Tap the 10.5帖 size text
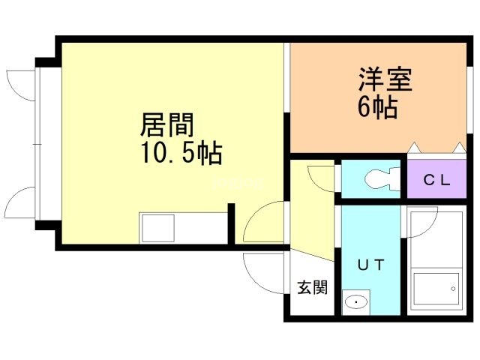click(x=179, y=153)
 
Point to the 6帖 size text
click(x=376, y=107)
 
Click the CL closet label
click(x=436, y=180)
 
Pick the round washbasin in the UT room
click(x=355, y=303)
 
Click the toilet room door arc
click(x=321, y=178)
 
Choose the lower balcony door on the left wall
click(x=21, y=202)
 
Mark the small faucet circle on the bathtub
click(x=453, y=288)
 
